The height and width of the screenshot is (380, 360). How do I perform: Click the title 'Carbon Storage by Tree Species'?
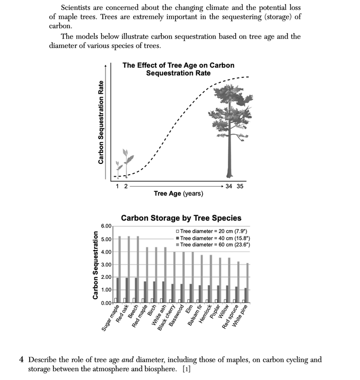181,218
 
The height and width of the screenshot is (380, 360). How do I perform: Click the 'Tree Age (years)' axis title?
178,193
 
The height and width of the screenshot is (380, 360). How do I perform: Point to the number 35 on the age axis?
240,186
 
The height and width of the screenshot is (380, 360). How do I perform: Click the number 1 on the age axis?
117,186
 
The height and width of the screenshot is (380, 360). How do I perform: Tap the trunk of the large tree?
229,153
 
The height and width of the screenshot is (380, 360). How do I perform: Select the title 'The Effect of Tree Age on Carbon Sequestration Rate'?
178,69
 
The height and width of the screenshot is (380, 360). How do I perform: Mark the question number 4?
22,360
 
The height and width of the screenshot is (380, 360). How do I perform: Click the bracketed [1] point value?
186,369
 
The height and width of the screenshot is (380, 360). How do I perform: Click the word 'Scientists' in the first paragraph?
76,8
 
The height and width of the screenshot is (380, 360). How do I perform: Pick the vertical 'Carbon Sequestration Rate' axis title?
101,122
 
